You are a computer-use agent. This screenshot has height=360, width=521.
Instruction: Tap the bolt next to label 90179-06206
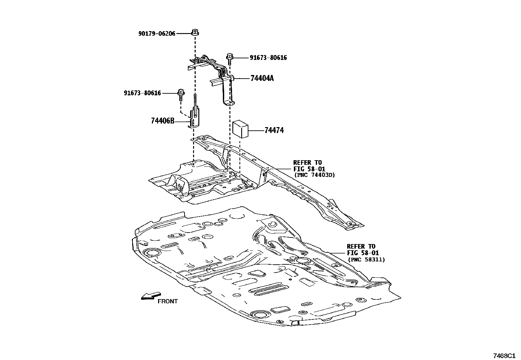tap(195, 32)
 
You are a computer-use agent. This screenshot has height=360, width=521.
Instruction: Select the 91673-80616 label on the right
tap(268, 58)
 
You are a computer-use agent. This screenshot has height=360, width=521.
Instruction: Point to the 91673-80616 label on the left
tap(142, 93)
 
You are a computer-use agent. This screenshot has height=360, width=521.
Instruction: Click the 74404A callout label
tap(262, 78)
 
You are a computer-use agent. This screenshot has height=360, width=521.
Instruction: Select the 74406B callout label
tap(163, 121)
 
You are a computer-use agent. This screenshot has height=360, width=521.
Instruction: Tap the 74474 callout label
tap(274, 130)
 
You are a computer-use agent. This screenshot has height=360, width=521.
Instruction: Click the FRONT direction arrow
tap(150, 296)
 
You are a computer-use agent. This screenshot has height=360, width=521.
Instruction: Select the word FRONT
tap(168, 301)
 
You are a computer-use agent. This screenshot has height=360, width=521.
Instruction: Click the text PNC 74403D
tap(314, 175)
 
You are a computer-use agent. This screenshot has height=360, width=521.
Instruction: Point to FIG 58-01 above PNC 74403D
tap(309, 169)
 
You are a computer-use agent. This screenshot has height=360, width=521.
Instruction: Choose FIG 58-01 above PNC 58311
tap(363, 253)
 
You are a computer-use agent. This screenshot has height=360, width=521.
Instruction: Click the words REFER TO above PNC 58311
tap(361, 246)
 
